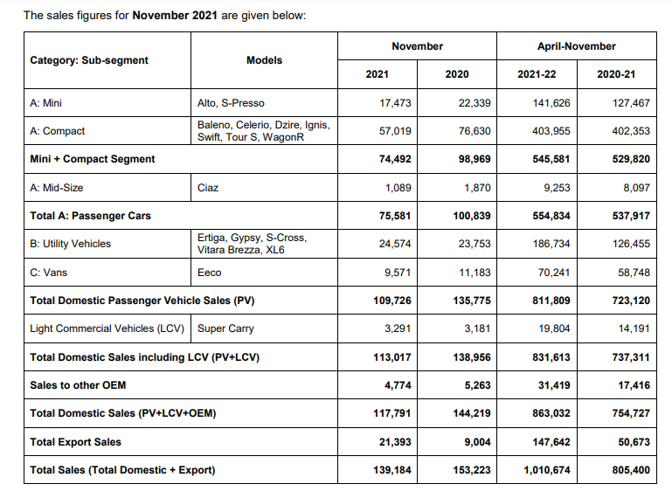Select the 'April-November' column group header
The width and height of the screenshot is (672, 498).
coord(576,46)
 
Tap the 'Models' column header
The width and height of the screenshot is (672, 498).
coord(264,60)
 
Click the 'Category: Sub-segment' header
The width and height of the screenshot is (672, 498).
coord(88,60)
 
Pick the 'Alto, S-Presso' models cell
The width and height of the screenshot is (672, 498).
coord(231,103)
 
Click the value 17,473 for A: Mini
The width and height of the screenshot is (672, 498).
coord(396,103)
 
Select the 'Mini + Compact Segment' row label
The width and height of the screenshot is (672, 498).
coord(92,159)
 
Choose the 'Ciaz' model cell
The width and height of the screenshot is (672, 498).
coord(207,187)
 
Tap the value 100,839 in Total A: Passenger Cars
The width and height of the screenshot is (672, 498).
coord(473,215)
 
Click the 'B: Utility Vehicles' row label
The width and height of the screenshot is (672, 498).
coord(70,244)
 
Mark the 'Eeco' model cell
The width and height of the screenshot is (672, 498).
coord(209,273)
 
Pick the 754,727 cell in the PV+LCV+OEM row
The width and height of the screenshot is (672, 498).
coord(629,413)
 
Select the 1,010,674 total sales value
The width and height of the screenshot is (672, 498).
coord(547,470)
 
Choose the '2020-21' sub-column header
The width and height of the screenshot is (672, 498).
coord(616,74)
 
